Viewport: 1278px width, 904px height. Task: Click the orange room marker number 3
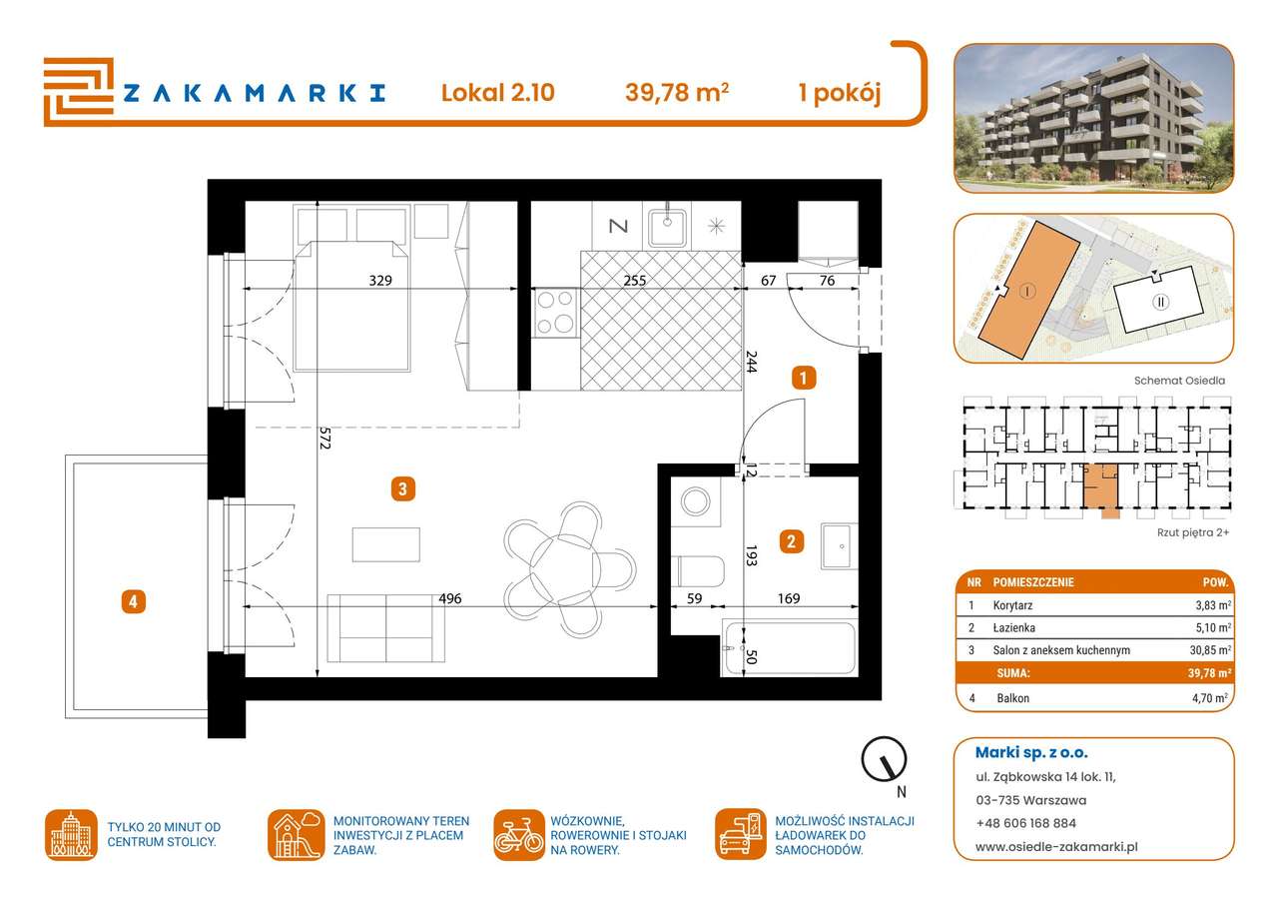(x=401, y=488)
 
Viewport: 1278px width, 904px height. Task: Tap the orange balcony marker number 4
(x=133, y=601)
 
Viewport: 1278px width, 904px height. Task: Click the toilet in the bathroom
(x=700, y=571)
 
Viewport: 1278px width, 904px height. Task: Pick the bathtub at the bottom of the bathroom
(x=790, y=649)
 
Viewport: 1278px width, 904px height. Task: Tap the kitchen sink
(x=666, y=227)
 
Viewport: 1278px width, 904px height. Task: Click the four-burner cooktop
(x=556, y=311)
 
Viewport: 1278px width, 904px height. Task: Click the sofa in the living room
(x=386, y=628)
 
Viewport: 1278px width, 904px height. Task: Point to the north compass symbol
(x=885, y=761)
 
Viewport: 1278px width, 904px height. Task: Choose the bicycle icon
(x=519, y=835)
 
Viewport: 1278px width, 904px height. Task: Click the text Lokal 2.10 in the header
(x=497, y=93)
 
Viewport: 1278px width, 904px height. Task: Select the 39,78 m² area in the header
(x=676, y=93)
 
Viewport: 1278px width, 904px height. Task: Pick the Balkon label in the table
(x=1012, y=698)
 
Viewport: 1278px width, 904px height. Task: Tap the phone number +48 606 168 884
(x=1026, y=823)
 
